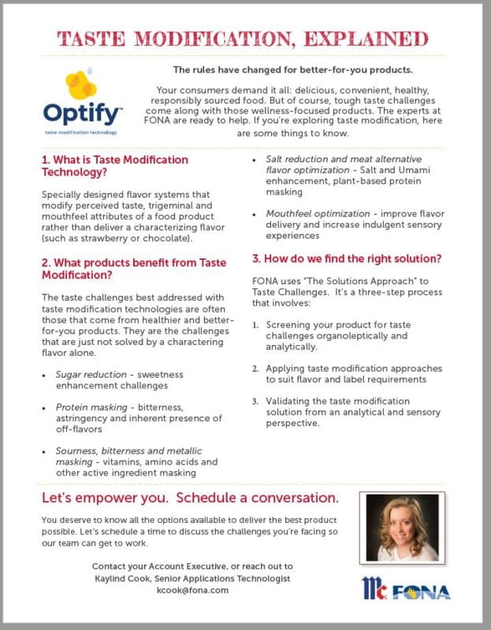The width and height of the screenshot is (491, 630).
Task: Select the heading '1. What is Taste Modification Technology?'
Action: pyautogui.click(x=115, y=165)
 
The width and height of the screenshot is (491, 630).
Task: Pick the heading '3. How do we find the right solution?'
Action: pyautogui.click(x=345, y=258)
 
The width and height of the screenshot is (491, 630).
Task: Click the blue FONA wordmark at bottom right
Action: pyautogui.click(x=422, y=591)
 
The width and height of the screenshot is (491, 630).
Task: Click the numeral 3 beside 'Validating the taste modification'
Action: pyautogui.click(x=255, y=401)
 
